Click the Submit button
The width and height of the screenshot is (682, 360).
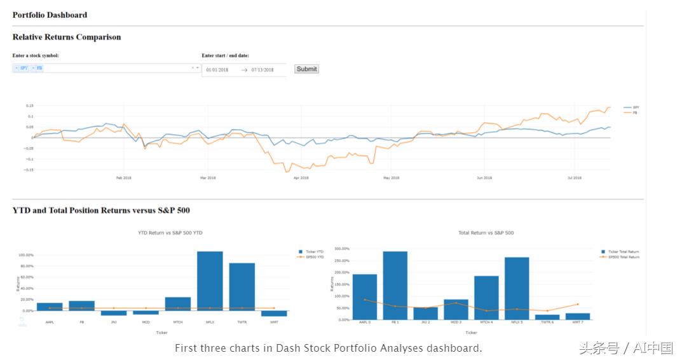(306, 69)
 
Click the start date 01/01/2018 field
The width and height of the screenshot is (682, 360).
(217, 69)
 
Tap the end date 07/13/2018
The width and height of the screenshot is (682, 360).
(263, 69)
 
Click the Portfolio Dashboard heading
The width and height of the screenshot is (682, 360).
(50, 15)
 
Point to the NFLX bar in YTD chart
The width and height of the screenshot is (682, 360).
(210, 280)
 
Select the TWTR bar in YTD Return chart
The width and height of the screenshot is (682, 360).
(242, 286)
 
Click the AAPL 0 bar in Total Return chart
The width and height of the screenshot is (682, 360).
(364, 296)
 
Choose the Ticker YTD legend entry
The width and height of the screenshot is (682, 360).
(314, 252)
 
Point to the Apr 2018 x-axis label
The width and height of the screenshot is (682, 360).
(301, 178)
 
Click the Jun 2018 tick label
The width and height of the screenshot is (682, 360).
(484, 178)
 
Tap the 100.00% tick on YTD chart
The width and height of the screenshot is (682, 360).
(26, 255)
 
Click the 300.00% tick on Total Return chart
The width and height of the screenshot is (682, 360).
(342, 249)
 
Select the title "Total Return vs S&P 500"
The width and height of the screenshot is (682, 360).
(486, 233)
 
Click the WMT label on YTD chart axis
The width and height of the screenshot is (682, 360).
(273, 322)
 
